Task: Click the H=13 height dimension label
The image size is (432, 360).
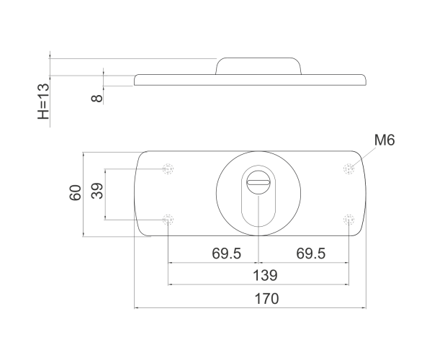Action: tap(43, 101)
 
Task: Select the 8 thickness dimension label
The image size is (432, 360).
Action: tap(96, 98)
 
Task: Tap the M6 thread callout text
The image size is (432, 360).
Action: tap(384, 140)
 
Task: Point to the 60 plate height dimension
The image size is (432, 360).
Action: tap(75, 193)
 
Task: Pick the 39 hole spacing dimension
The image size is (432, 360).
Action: tap(97, 191)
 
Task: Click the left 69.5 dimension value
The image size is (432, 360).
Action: tap(226, 253)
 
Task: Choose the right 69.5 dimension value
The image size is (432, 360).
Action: tap(311, 253)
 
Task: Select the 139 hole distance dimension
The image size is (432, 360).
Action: tap(265, 275)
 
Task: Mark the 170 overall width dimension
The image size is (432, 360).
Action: tap(266, 299)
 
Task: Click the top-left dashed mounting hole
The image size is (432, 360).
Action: tap(168, 169)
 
